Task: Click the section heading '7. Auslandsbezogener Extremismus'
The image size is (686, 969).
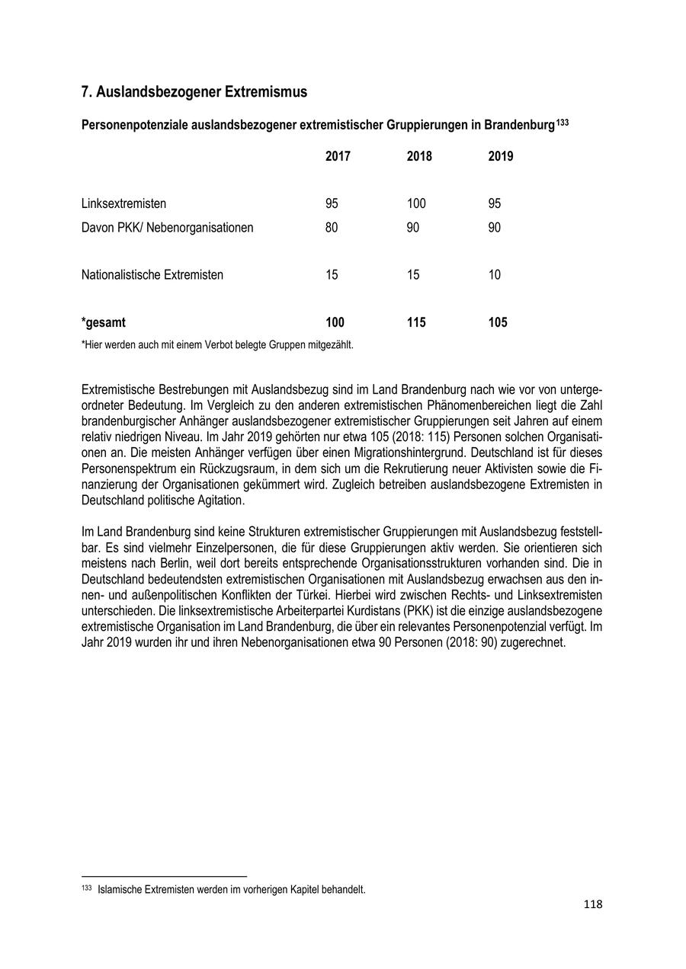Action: pos(194,92)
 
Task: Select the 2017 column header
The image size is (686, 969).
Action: pos(338,156)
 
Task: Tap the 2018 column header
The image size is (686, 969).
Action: pos(419,156)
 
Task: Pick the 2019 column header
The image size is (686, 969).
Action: pos(501,156)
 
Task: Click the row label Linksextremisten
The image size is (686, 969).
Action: pos(123,203)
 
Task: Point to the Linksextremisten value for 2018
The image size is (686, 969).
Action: pos(416,203)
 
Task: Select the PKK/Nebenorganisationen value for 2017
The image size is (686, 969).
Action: pos(332,228)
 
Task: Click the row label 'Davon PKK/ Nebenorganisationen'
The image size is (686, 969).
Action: pos(168,228)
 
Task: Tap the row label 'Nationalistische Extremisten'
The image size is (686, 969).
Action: pos(152,275)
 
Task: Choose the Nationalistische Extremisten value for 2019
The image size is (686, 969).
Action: pos(495,275)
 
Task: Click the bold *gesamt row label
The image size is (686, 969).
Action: pos(104,322)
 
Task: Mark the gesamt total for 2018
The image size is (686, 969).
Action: pos(416,322)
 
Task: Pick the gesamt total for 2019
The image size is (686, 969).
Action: pos(498,322)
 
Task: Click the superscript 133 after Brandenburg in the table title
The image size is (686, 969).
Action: pos(562,121)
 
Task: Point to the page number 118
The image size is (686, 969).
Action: pos(593,905)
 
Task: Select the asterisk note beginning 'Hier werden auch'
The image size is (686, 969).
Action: pos(217,344)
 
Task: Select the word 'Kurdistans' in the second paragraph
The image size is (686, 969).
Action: pos(354,610)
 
